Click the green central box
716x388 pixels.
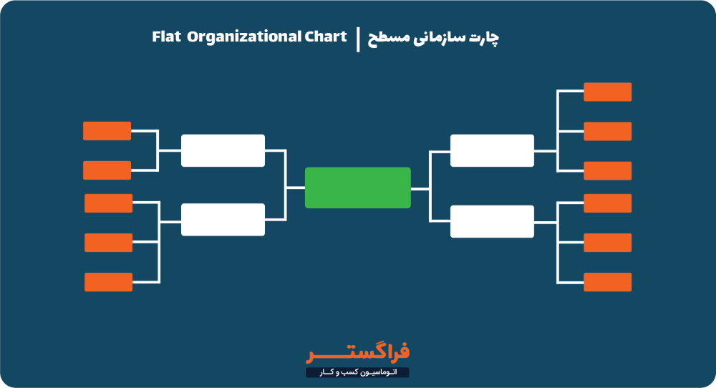tap(358, 188)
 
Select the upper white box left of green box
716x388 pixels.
tap(223, 150)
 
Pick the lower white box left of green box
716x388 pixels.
tap(223, 220)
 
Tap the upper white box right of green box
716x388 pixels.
tap(492, 150)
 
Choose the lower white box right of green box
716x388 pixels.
tap(492, 221)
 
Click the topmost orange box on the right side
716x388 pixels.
tap(608, 92)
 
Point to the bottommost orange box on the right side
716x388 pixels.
tap(608, 282)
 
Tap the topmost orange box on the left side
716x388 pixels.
tap(107, 131)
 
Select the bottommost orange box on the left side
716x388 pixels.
tap(109, 282)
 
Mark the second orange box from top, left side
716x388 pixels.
tap(107, 170)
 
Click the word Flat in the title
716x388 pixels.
tap(165, 37)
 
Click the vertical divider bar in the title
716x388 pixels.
tap(357, 39)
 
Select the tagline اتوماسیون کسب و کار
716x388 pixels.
tap(358, 372)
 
